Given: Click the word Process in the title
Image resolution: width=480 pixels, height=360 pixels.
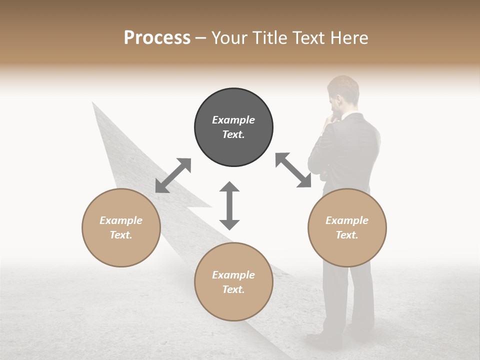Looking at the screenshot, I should pos(157,38).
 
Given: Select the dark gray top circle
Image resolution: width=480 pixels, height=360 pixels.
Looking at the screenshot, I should pos(233,127).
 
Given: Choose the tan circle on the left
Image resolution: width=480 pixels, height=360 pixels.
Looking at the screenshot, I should pos(121,227).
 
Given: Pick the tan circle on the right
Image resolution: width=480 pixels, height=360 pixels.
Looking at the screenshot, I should pos(347,227).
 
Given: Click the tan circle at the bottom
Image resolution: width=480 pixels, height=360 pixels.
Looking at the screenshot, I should pos(233,281).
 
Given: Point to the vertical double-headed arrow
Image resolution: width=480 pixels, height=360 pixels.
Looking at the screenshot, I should pos(229,205).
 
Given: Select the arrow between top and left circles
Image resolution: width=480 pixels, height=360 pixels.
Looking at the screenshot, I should pos(173,175).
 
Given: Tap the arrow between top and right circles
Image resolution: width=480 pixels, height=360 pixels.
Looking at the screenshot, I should pos(293,170).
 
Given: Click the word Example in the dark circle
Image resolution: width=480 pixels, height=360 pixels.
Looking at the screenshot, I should pos(233,120).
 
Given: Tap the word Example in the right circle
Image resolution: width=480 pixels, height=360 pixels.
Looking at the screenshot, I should pos(347,220).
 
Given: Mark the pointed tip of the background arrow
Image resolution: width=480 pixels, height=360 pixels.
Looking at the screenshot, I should pos(93,102).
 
